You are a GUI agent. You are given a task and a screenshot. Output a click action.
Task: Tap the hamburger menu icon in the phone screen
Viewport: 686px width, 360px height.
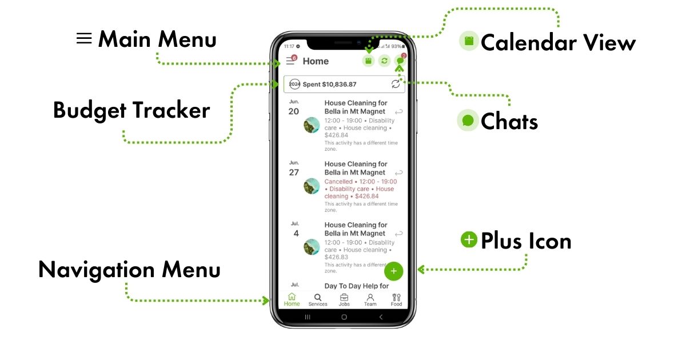[x=290, y=61]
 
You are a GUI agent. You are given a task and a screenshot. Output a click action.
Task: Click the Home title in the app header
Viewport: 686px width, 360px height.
[x=316, y=61]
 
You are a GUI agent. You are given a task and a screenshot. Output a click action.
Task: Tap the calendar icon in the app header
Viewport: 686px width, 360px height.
[x=368, y=61]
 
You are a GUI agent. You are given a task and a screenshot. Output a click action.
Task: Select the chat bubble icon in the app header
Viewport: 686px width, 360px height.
[x=400, y=61]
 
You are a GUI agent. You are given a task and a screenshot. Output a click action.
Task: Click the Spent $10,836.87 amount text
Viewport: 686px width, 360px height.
[x=329, y=85]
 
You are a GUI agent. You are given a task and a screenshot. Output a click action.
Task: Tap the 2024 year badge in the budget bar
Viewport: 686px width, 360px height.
[x=294, y=85]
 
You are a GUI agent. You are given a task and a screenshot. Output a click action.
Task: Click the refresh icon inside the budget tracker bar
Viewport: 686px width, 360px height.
[x=396, y=84]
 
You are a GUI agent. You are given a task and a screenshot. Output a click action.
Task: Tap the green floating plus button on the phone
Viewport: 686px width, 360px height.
[x=393, y=271]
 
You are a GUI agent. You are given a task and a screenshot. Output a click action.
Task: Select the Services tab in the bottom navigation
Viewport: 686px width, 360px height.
[x=318, y=300]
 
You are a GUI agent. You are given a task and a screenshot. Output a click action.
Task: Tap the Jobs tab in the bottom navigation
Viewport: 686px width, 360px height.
[x=344, y=300]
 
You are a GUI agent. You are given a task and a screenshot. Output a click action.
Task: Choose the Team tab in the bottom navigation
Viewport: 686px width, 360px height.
[x=370, y=300]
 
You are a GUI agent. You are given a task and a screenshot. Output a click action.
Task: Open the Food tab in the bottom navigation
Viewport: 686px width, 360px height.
[x=396, y=300]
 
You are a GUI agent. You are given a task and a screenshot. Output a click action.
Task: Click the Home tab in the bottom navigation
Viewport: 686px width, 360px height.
[x=292, y=300]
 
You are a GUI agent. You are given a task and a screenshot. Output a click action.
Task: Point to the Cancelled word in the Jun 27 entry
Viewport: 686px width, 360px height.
[x=338, y=182]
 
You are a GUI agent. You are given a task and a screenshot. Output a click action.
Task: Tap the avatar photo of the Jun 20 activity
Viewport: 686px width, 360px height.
[x=312, y=125]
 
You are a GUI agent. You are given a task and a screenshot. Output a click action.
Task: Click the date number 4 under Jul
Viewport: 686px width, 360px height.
[x=296, y=233]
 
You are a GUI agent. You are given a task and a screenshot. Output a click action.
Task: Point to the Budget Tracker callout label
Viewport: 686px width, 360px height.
[x=131, y=110]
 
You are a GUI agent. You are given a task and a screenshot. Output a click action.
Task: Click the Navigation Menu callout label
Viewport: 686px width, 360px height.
[x=129, y=270]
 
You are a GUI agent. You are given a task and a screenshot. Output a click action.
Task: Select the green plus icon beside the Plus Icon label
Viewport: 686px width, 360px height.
[x=469, y=240]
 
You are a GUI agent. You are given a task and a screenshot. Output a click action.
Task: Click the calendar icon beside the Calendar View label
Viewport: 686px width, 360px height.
[x=469, y=41]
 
